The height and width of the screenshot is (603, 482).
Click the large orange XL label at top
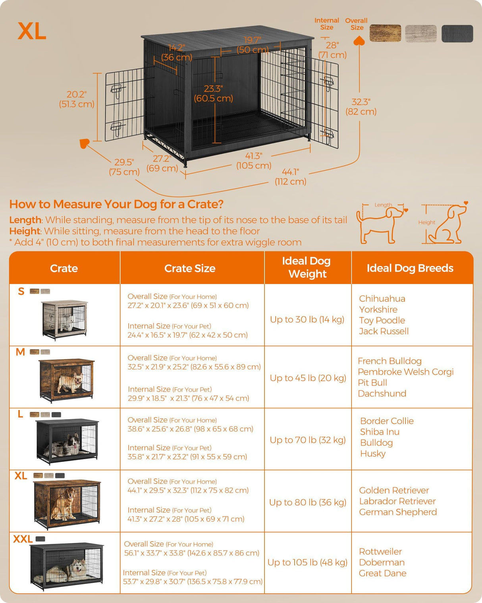coord(32,31)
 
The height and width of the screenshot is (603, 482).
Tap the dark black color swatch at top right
coord(457,33)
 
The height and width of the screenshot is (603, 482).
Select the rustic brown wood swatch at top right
coord(385,33)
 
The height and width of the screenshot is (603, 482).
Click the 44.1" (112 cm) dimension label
coord(290,177)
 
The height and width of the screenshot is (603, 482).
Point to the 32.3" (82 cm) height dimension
coord(361,107)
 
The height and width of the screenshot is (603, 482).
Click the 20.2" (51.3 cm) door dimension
coord(77,99)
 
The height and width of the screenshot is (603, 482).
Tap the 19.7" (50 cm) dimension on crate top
coord(253,45)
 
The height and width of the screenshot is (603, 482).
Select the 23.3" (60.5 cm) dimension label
coord(213,93)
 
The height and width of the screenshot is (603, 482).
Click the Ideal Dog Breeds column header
coord(410,268)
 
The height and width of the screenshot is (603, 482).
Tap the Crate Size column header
coord(190,269)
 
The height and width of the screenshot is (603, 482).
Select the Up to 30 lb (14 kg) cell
coord(307,319)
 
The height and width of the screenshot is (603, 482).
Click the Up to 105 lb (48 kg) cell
coord(307,562)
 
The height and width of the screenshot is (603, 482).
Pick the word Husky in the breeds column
coord(372,453)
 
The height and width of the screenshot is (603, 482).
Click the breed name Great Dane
coord(382,573)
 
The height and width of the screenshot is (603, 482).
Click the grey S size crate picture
coord(64,319)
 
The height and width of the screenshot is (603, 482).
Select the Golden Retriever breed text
coord(394,490)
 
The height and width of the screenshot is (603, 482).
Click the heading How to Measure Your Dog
coord(116,204)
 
